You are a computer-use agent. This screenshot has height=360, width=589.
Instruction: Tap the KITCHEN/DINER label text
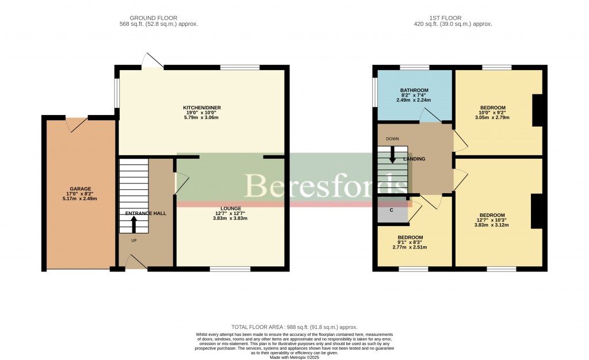click(201, 108)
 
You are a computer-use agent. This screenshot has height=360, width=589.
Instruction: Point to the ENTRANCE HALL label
click(146, 213)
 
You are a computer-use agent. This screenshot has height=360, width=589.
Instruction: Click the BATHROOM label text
click(414, 90)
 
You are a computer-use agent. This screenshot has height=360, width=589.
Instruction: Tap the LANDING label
click(414, 159)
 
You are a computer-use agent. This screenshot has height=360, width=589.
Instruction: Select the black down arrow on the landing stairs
click(392, 154)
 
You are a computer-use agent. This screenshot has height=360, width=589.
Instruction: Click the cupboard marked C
click(391, 210)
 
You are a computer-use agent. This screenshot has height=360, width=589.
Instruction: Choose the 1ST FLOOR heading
click(453, 18)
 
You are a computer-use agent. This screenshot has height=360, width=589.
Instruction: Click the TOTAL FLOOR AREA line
click(294, 326)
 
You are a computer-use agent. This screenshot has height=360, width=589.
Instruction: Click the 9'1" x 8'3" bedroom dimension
click(411, 243)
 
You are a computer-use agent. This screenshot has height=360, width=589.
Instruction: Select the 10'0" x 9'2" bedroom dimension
click(493, 113)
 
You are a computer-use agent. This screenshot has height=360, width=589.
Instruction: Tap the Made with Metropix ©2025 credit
click(294, 357)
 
